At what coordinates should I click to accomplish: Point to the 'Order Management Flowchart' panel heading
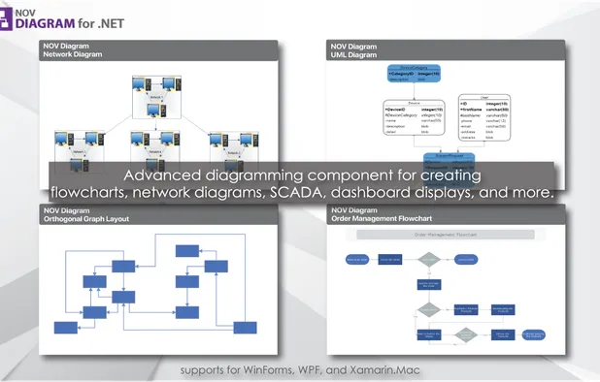[381, 218]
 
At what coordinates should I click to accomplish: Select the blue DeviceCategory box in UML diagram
[414, 75]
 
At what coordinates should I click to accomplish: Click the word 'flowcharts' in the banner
[88, 194]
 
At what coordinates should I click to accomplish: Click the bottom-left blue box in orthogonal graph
[65, 328]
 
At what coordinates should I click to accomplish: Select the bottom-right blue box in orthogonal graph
[245, 327]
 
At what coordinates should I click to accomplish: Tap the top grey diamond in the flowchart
[428, 259]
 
